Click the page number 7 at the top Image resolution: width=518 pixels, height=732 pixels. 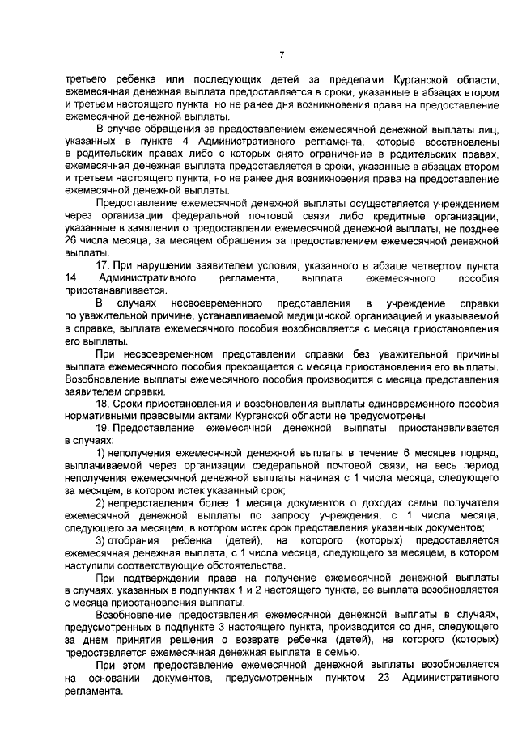point(282,54)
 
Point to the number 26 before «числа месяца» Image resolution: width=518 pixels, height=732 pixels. point(71,241)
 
